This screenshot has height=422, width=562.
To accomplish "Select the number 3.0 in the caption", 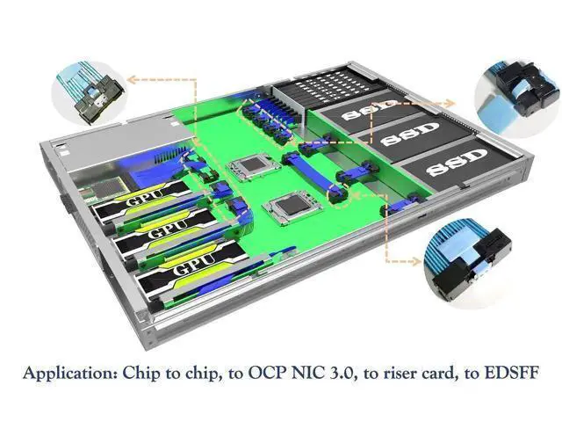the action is tap(341, 373).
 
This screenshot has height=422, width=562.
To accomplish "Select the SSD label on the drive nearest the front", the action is tap(458, 163).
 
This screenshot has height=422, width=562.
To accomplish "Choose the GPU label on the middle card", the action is tap(168, 229).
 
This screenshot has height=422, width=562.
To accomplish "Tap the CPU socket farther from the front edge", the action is tap(254, 166).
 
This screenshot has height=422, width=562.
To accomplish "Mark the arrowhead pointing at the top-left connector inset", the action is tap(133, 79).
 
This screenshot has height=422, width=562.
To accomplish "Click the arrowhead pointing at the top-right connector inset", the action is tap(450, 104).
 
